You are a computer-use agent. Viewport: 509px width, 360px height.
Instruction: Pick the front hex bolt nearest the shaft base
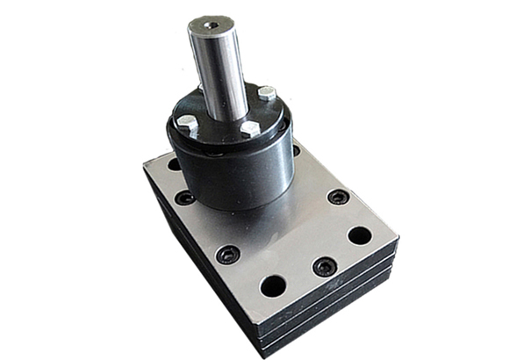(249, 128)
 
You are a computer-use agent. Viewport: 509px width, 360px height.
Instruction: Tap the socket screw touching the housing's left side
(184, 198)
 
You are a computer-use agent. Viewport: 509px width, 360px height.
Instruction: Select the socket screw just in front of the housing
(227, 256)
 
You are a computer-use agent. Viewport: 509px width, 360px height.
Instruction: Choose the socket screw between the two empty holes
(324, 265)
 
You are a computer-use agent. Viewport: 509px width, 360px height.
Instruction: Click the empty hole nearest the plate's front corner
(273, 285)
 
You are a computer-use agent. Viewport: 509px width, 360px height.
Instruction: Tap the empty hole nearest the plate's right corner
(360, 235)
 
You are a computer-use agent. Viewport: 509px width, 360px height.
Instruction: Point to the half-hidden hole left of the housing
(174, 164)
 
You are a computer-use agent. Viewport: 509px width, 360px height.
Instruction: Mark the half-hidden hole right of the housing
(296, 151)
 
